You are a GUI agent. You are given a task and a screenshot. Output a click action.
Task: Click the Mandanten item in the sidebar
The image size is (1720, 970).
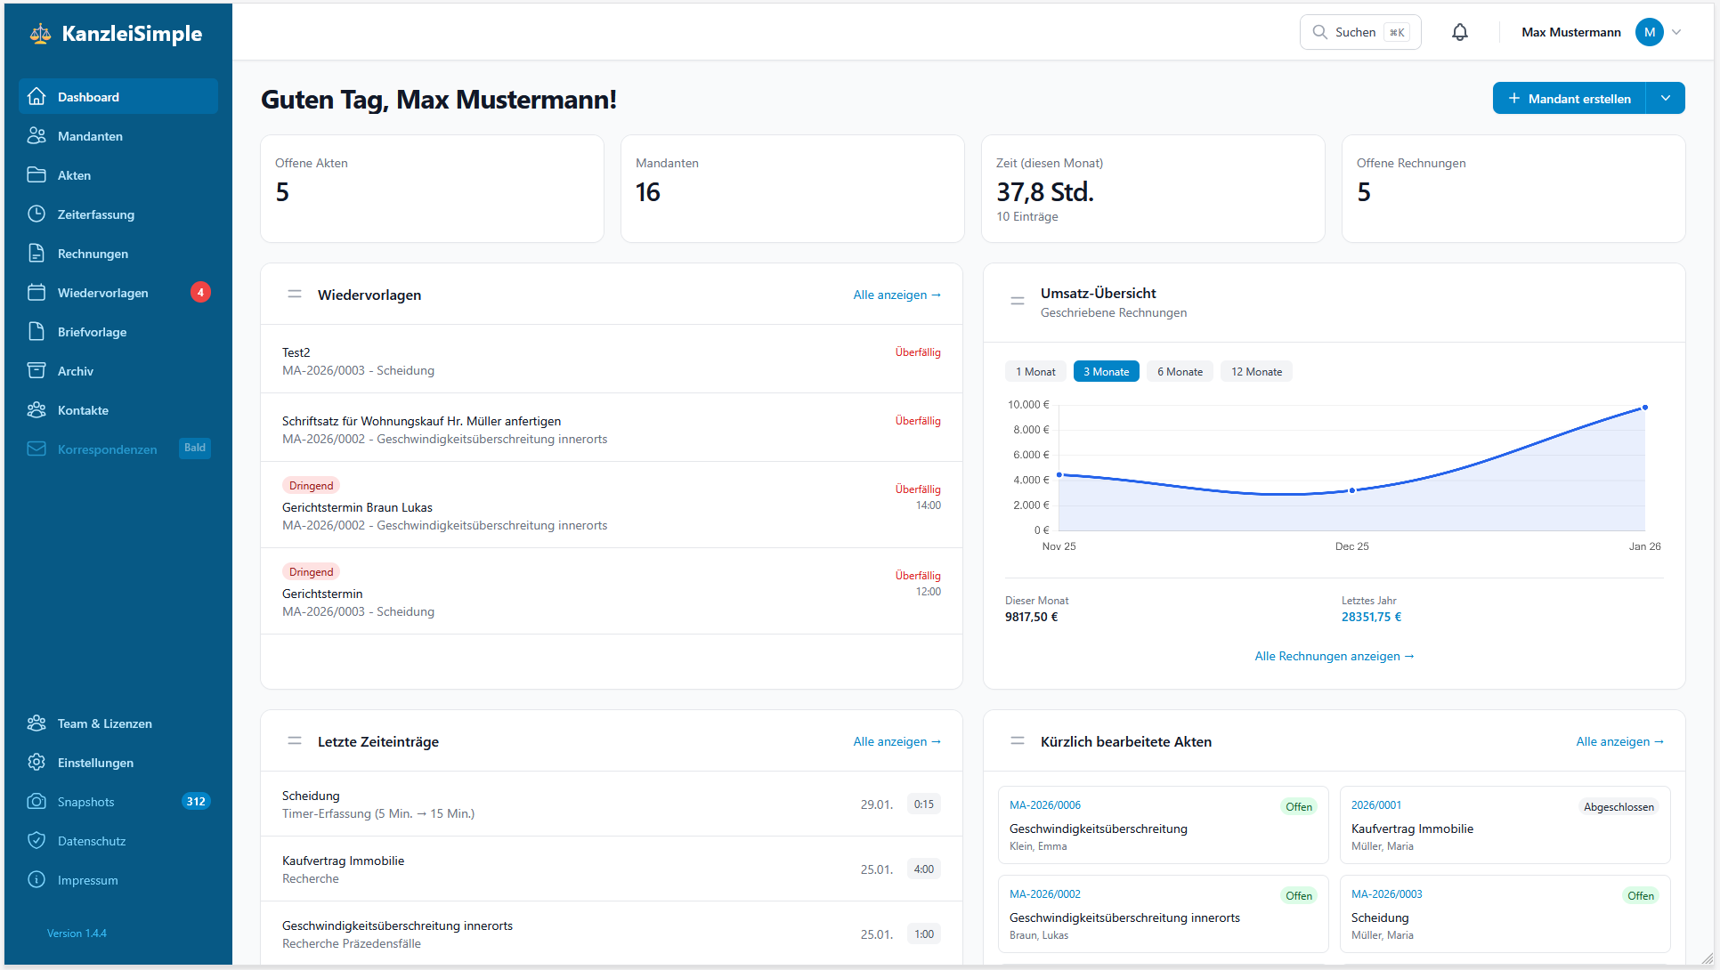coord(90,136)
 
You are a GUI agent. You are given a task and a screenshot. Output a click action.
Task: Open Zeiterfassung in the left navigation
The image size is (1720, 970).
coord(95,214)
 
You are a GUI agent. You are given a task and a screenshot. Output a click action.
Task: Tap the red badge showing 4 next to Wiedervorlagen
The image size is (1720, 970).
coord(200,292)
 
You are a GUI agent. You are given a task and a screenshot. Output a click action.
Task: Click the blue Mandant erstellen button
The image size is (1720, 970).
coord(1569,99)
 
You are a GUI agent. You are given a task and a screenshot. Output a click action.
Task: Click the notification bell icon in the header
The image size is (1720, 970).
coord(1460,32)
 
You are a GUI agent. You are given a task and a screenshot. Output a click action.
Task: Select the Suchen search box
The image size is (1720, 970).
coord(1359,32)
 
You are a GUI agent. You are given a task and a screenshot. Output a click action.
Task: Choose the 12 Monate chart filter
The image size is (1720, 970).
coord(1256,372)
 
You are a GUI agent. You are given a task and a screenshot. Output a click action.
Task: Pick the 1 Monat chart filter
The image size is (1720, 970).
coord(1035,372)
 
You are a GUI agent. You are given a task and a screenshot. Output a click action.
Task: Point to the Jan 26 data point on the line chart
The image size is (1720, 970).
coord(1644,408)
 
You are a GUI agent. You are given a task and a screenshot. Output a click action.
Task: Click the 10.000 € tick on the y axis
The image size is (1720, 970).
coord(1028,405)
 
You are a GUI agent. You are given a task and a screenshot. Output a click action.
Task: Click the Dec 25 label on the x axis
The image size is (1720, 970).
coord(1351,546)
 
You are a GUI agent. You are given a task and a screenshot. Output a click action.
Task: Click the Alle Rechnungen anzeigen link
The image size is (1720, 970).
coord(1334,656)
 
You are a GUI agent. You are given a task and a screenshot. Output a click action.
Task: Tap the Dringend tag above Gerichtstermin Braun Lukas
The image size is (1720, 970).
coord(311,486)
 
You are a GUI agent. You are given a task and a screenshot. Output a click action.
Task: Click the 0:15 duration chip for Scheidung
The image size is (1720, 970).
coord(923,804)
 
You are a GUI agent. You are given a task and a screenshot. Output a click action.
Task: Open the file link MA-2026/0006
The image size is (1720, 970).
coord(1045,805)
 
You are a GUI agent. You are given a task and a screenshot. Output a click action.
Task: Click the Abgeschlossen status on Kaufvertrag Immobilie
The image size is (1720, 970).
coord(1618,807)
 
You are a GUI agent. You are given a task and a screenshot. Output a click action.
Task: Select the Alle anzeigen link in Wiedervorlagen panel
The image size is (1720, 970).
coord(897,295)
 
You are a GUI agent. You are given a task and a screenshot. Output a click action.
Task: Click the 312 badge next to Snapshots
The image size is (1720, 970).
coord(195,802)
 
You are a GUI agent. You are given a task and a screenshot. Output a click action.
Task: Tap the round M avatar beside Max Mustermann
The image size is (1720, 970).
coord(1649,32)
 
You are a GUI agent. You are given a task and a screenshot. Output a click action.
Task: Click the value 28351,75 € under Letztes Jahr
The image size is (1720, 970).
coord(1371,617)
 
